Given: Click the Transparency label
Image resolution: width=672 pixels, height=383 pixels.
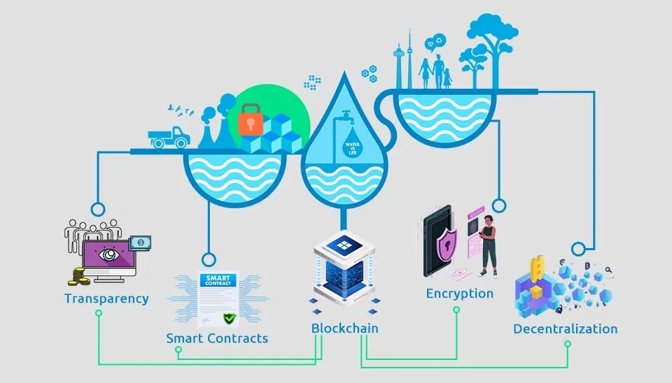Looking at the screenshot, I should coord(106,298).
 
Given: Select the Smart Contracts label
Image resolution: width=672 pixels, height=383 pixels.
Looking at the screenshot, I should coord(217,338).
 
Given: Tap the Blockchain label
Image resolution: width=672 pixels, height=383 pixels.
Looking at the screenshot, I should coord(345,328).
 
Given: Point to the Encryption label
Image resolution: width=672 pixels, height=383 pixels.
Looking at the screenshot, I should coord(460,294).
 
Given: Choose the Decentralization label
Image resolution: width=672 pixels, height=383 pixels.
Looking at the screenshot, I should coord(566,328).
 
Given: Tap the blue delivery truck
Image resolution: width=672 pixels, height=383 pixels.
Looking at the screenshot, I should coord(169,136).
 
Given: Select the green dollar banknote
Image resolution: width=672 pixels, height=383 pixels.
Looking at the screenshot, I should coord(141,243).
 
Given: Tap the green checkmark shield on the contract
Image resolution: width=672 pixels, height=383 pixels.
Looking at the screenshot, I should coord(229,319).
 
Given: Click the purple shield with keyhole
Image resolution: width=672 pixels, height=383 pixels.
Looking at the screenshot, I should coord(446,245).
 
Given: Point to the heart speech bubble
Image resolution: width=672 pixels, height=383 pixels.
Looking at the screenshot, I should coord(439,40).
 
